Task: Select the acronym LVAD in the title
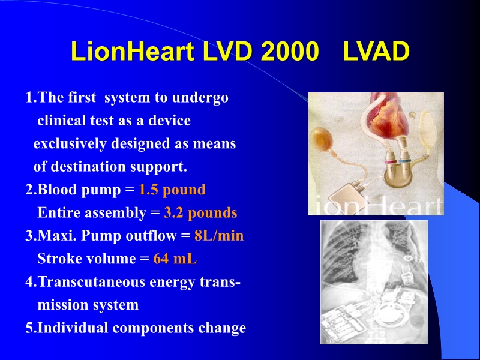376,52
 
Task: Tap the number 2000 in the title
289,52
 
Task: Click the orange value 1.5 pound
172,190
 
